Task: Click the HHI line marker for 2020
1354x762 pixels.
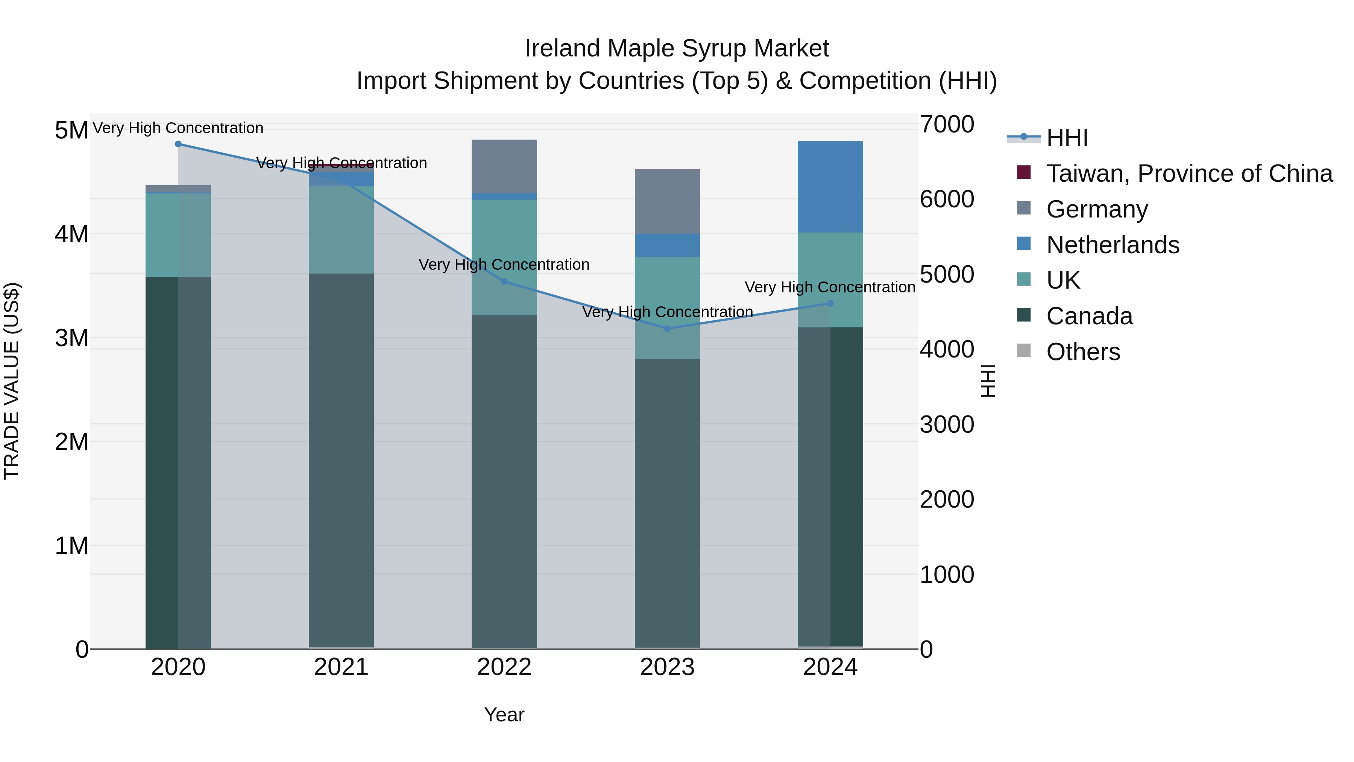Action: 178,144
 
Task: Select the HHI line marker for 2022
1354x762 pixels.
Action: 504,282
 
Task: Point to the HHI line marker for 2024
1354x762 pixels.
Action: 830,303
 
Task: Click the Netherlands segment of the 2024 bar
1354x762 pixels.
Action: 830,187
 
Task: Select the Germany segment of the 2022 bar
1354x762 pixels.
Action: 504,166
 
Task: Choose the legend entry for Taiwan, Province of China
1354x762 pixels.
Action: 1189,173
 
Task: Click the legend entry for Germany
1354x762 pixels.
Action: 1097,209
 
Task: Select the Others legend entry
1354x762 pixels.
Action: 1083,352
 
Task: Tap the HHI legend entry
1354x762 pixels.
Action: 1067,138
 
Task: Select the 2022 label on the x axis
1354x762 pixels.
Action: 504,667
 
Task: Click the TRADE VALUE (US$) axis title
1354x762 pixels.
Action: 12,381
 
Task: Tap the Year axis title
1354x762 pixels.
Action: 504,715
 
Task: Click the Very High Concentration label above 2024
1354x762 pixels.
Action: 830,287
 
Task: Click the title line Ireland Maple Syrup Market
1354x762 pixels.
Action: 677,49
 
